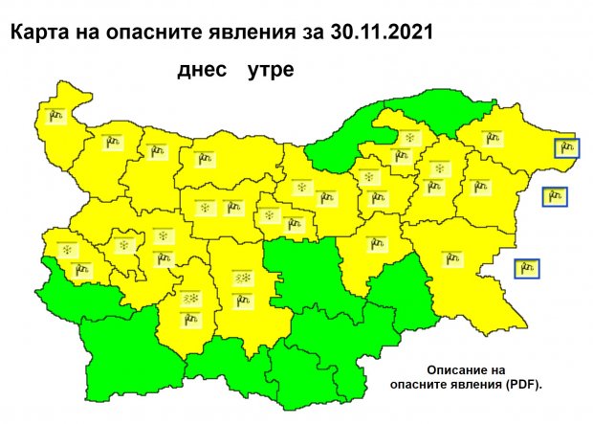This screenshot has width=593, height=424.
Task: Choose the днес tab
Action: point(200,71)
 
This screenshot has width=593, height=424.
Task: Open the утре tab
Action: point(270,71)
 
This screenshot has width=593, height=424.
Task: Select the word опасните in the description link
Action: point(425,385)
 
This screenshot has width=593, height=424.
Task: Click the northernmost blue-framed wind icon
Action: point(568,147)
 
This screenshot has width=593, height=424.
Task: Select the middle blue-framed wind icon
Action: point(555,197)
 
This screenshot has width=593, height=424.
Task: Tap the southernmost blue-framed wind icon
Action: point(526,268)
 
